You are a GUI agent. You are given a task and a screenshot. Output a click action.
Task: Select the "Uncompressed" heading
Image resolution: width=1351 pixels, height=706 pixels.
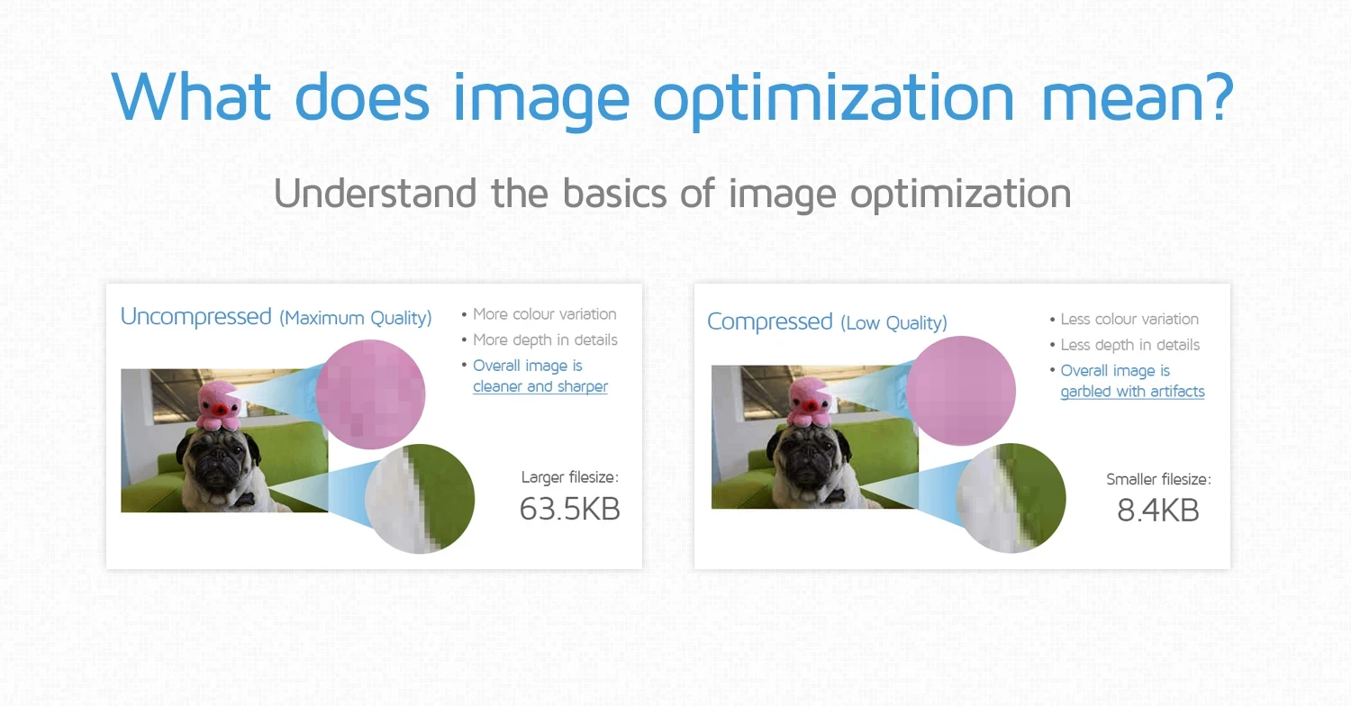(195, 317)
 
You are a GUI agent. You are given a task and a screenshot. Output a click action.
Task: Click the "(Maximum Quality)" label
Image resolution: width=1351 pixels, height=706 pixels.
(355, 318)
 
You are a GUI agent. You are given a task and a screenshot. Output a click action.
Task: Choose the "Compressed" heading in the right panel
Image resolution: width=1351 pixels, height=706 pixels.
(770, 322)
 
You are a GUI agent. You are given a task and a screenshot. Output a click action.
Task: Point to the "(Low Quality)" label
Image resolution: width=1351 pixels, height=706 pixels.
(893, 323)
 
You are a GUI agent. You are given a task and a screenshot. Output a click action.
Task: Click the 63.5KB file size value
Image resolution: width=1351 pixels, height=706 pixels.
(569, 510)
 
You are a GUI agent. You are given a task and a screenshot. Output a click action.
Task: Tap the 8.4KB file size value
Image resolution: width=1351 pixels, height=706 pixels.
(1157, 511)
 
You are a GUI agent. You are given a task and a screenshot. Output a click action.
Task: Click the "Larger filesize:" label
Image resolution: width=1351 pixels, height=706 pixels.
(570, 477)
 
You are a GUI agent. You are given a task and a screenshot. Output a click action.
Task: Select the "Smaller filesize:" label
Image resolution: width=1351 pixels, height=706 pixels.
(1158, 480)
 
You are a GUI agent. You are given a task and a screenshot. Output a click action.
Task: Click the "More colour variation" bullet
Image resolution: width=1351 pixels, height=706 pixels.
(544, 314)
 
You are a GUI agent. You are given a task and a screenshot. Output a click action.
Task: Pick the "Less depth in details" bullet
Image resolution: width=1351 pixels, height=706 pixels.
(1129, 345)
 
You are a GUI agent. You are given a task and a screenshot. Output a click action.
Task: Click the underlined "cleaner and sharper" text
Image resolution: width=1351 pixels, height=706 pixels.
(540, 386)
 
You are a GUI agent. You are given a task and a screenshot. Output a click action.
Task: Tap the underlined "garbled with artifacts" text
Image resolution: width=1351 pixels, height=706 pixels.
(1132, 392)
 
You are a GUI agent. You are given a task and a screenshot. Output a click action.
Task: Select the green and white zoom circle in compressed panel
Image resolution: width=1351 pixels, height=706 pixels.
(1011, 497)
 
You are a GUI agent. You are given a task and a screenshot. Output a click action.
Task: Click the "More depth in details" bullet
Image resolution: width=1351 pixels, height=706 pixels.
(545, 340)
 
